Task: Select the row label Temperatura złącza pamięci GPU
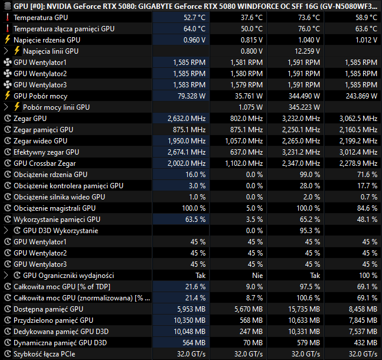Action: tap(64, 29)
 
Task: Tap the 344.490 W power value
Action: tap(304, 96)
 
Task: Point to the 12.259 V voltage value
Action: tap(307, 51)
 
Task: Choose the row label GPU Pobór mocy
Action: tap(40, 96)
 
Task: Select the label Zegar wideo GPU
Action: tap(40, 141)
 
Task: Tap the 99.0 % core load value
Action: tap(310, 175)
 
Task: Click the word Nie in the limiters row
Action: tap(257, 276)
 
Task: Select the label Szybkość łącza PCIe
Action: tap(44, 354)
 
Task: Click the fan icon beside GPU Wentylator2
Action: tap(7, 74)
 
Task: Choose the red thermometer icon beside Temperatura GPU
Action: tap(7, 18)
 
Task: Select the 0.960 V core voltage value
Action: tap(194, 40)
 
